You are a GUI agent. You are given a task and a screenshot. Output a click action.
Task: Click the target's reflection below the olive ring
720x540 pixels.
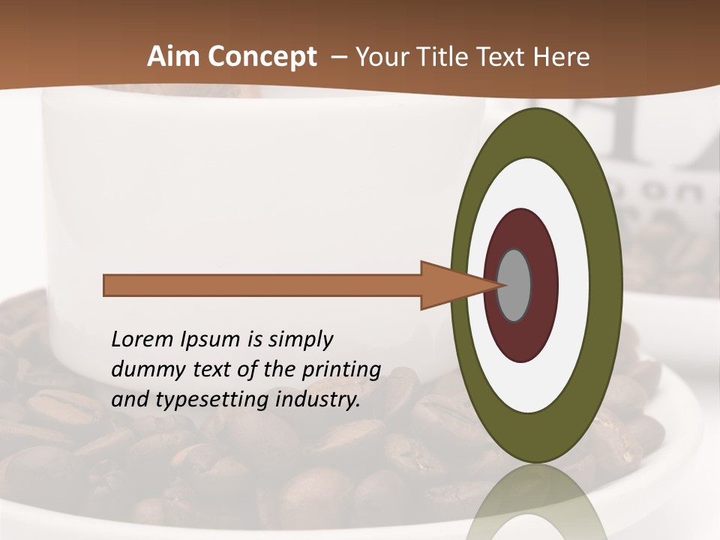tap(536, 502)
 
